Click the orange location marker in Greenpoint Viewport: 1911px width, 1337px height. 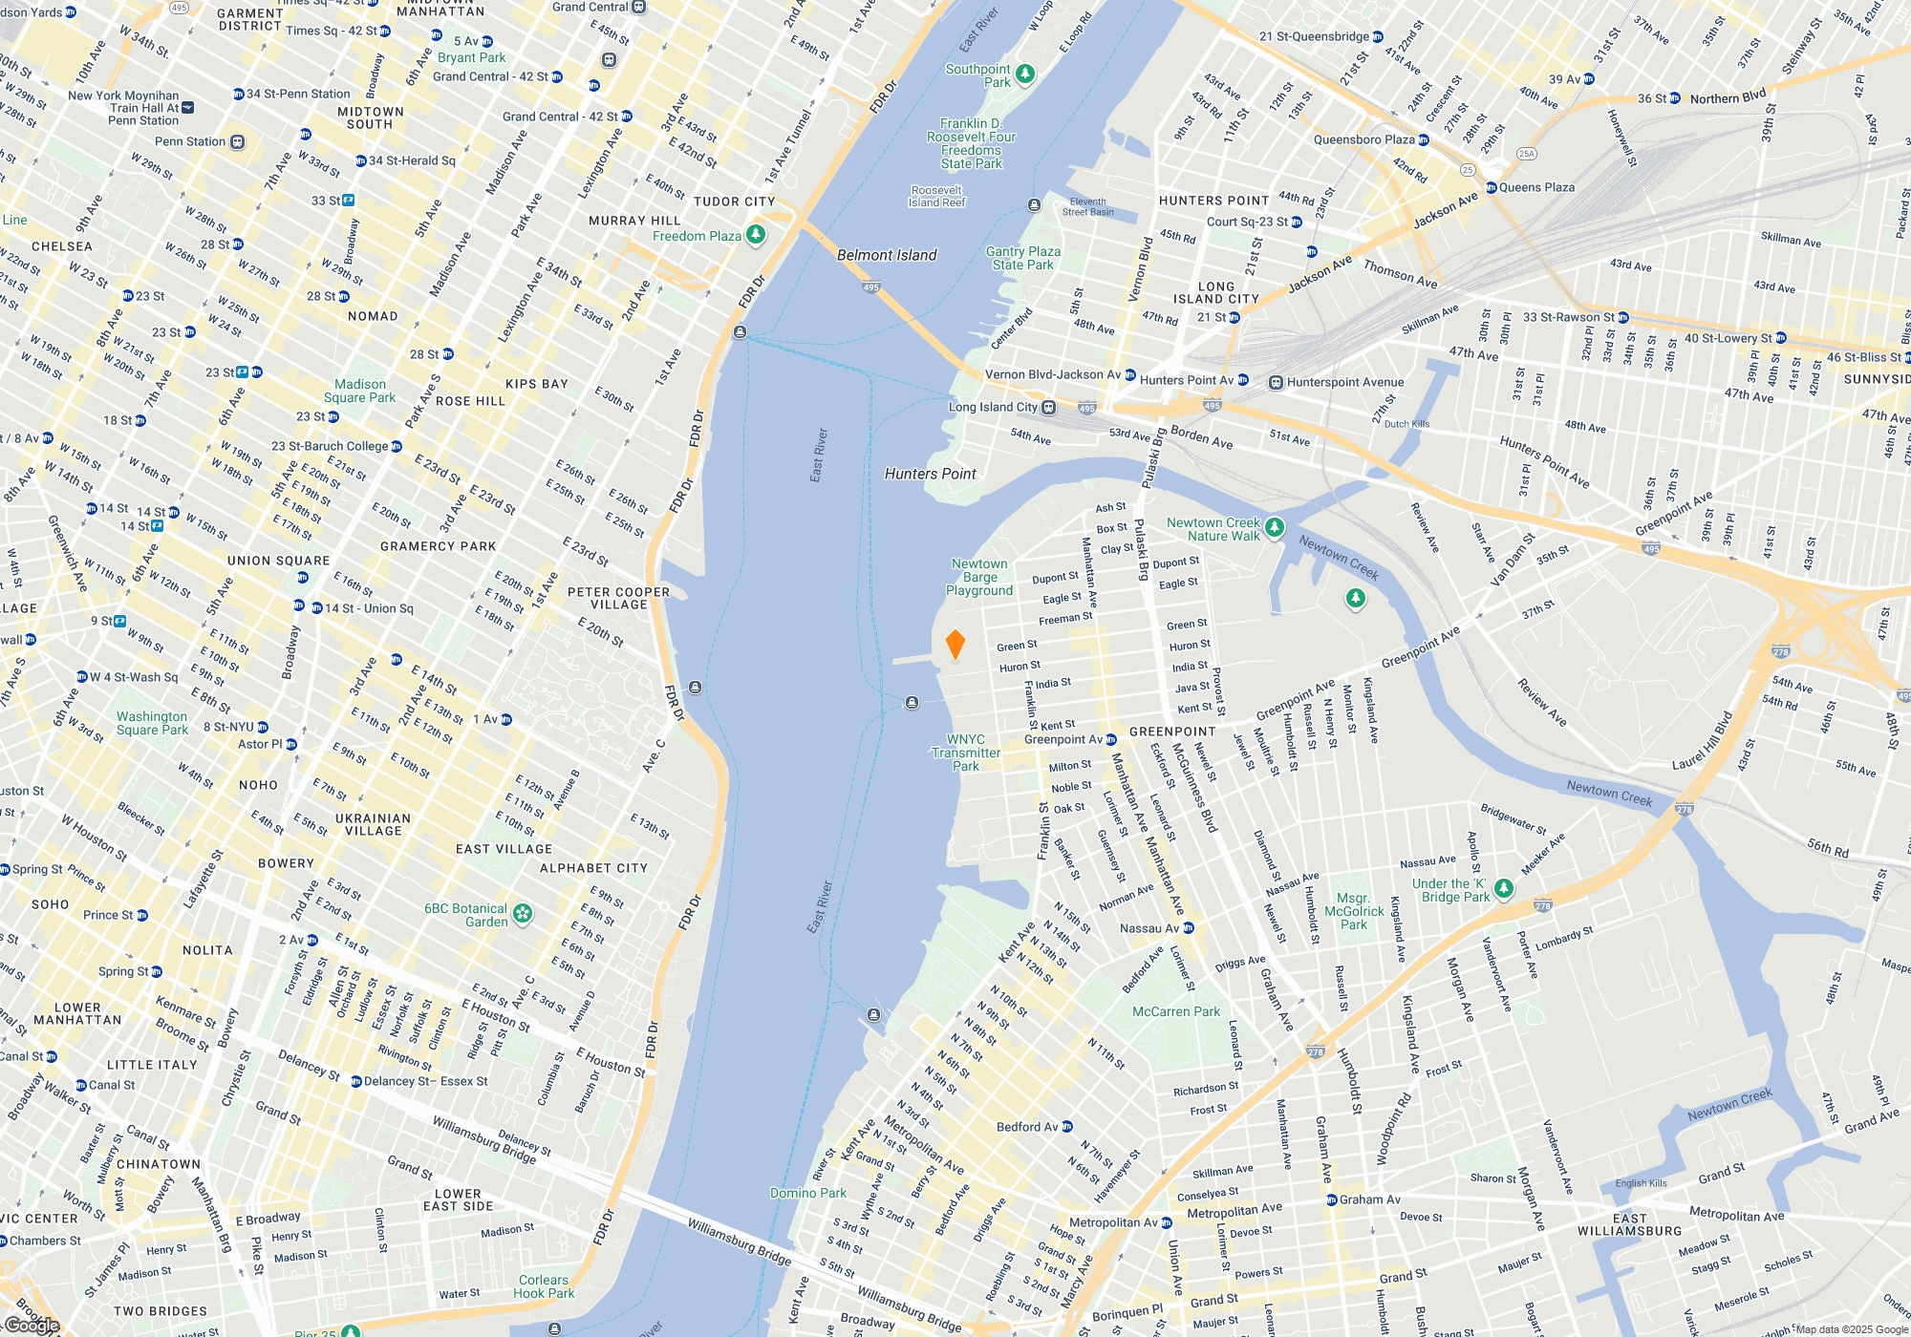click(955, 645)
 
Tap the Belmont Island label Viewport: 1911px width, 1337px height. click(886, 255)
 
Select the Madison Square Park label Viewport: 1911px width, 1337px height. click(359, 391)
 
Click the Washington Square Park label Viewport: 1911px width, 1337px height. click(152, 723)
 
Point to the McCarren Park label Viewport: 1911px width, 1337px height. click(1175, 1011)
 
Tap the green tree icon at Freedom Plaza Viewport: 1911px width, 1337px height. click(756, 235)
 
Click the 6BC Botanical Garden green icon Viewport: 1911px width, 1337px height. click(523, 914)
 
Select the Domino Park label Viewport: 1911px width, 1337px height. click(808, 1193)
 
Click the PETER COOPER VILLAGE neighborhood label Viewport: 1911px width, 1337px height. click(618, 598)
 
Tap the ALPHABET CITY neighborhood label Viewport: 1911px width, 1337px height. click(593, 868)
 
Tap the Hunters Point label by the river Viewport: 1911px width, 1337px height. click(930, 474)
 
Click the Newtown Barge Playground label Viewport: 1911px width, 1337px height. click(979, 577)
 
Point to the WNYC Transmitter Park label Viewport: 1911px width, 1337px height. click(965, 753)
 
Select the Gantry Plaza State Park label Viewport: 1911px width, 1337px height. click(1022, 258)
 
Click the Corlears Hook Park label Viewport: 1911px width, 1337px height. click(543, 1286)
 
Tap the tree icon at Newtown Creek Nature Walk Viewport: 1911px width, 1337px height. click(1274, 527)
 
